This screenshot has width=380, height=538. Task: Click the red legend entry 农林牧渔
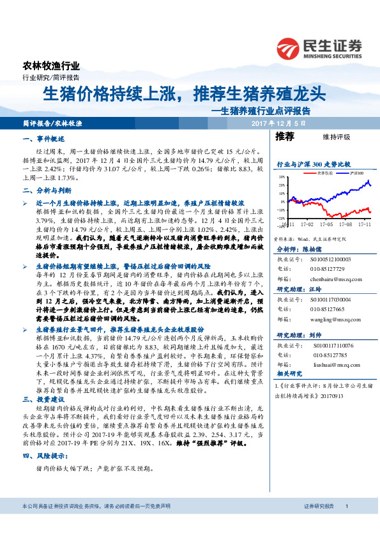(x=320, y=173)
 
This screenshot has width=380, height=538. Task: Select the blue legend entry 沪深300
(x=355, y=173)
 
